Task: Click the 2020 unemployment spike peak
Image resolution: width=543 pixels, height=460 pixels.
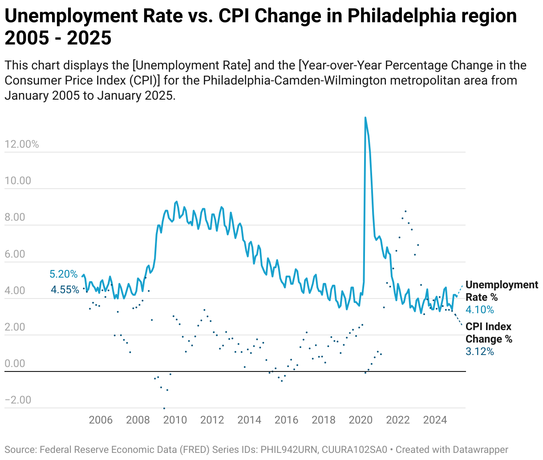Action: [x=365, y=118]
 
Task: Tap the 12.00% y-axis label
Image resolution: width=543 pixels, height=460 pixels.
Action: [x=22, y=144]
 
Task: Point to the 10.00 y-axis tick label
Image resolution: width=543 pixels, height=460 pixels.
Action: [x=18, y=181]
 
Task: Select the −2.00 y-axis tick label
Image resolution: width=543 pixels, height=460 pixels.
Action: [x=18, y=400]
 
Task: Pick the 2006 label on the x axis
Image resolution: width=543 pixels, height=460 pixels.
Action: [x=101, y=420]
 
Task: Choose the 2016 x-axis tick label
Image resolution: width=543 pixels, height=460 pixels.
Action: [x=286, y=420]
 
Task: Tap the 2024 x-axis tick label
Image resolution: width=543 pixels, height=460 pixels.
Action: [x=435, y=420]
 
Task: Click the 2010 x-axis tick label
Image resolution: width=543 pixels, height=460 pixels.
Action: [x=175, y=420]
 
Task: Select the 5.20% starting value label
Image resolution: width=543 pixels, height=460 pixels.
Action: [x=64, y=274]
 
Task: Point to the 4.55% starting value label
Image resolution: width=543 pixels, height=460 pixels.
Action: [x=65, y=290]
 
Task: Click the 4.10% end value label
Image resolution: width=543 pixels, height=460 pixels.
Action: [x=480, y=310]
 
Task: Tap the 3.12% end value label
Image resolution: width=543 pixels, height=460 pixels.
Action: [x=480, y=351]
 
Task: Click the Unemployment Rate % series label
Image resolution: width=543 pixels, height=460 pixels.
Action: [x=502, y=291]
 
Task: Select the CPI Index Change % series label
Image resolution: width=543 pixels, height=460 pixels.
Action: [x=489, y=333]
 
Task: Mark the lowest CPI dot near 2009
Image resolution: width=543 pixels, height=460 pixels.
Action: [x=164, y=408]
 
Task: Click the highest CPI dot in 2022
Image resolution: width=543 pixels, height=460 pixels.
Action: [x=405, y=211]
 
